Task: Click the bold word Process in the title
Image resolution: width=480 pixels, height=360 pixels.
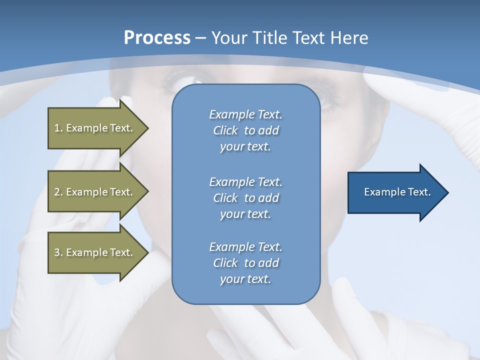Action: (157, 38)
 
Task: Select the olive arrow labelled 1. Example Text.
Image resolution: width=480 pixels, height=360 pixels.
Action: (95, 128)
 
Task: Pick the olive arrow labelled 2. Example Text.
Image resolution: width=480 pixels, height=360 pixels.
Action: (95, 192)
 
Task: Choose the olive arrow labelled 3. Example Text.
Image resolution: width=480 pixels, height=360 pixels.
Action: (95, 252)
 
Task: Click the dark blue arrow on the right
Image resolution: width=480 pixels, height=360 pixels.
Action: (395, 192)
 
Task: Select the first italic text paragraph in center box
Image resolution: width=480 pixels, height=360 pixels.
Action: (245, 130)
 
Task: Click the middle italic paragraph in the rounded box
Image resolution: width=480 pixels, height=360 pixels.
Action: (245, 198)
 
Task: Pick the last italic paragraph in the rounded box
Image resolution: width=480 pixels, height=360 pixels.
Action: (245, 263)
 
